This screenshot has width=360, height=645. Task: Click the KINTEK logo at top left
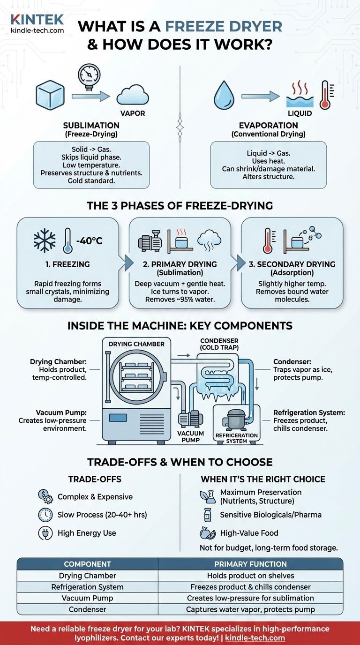pyautogui.click(x=37, y=20)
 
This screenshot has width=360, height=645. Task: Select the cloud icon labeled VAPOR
pyautogui.click(x=133, y=96)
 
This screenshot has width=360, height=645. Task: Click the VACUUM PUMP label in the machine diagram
pyautogui.click(x=190, y=436)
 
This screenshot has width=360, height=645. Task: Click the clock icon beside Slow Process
pyautogui.click(x=45, y=515)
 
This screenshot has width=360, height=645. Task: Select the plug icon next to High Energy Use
pyautogui.click(x=45, y=532)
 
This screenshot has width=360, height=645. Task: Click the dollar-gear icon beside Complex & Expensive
pyautogui.click(x=45, y=496)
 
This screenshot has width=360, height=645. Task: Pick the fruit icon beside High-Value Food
pyautogui.click(x=207, y=533)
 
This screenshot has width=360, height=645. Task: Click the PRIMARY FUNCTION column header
pyautogui.click(x=250, y=564)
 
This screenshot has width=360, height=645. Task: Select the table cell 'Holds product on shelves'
pyautogui.click(x=250, y=576)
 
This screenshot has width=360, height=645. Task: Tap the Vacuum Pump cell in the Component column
pyautogui.click(x=87, y=598)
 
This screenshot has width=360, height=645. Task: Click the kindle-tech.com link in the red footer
pyautogui.click(x=255, y=637)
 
